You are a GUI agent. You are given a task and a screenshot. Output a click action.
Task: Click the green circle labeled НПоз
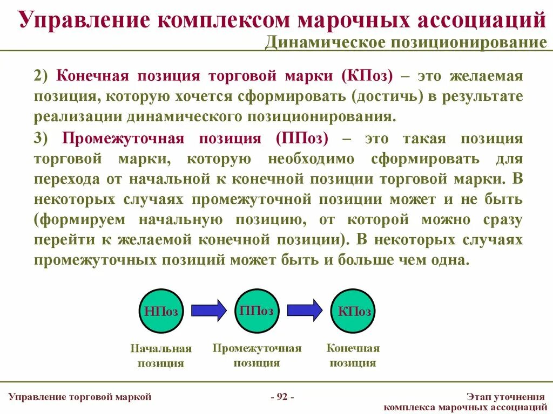[161, 311]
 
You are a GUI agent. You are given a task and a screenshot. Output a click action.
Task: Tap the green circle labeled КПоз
[353, 311]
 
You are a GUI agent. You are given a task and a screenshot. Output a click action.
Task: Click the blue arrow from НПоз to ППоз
[209, 310]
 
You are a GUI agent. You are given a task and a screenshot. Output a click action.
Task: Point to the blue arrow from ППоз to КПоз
[305, 310]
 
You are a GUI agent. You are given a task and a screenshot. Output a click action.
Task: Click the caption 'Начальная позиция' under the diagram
[161, 356]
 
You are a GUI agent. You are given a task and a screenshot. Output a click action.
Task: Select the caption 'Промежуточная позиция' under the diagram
[257, 355]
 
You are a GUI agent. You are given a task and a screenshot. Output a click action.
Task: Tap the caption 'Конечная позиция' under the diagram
[353, 355]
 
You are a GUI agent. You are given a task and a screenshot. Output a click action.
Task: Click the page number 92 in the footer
[282, 397]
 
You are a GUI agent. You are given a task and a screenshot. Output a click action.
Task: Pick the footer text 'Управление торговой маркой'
[80, 397]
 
